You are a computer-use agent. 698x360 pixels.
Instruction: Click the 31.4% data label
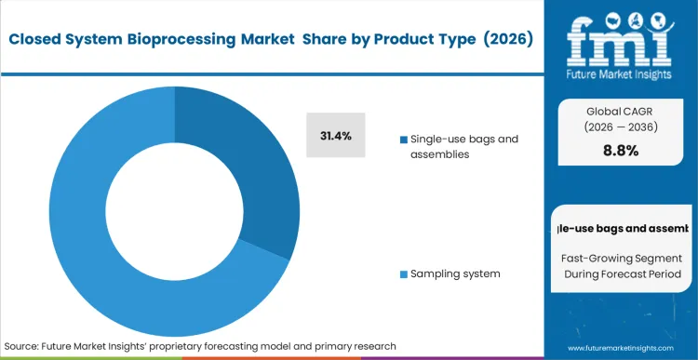click(x=335, y=136)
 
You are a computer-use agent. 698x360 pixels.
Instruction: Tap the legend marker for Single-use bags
click(x=403, y=140)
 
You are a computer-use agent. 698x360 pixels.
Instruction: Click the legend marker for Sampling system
click(x=403, y=274)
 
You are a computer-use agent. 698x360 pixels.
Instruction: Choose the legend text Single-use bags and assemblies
click(x=458, y=147)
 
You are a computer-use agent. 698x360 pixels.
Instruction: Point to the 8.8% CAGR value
click(x=621, y=151)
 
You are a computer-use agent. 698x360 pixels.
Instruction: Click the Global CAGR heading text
click(x=621, y=110)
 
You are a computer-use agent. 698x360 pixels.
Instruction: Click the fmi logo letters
click(x=620, y=34)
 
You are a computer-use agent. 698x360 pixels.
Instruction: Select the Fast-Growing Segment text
click(x=621, y=257)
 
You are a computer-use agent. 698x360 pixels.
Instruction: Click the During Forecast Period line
click(x=621, y=273)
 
